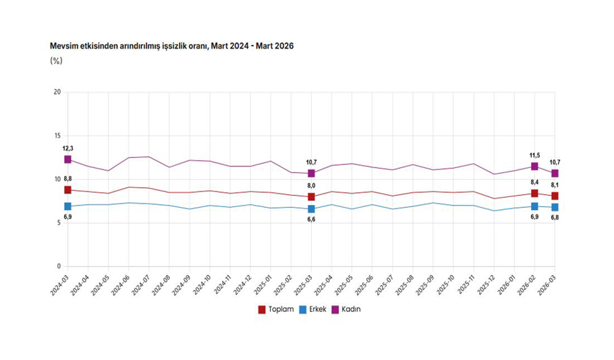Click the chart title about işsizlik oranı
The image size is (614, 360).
tap(171, 46)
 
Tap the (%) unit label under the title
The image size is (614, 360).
tap(56, 61)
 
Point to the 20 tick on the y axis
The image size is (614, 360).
tap(56, 92)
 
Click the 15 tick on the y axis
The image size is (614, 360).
tap(56, 136)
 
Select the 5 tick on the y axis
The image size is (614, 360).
tap(58, 223)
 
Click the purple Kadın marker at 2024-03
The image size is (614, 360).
tap(68, 159)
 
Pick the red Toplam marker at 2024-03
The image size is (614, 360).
tap(68, 190)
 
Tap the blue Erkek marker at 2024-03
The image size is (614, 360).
tap(68, 206)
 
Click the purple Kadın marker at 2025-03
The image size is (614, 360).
tap(311, 174)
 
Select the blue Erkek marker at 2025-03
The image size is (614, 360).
tap(311, 209)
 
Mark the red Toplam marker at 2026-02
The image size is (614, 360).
tap(534, 194)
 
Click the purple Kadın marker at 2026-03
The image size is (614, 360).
tap(554, 174)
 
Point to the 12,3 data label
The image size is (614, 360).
tap(68, 148)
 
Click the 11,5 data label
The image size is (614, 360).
tap(534, 155)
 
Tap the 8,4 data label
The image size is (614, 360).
tap(534, 182)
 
